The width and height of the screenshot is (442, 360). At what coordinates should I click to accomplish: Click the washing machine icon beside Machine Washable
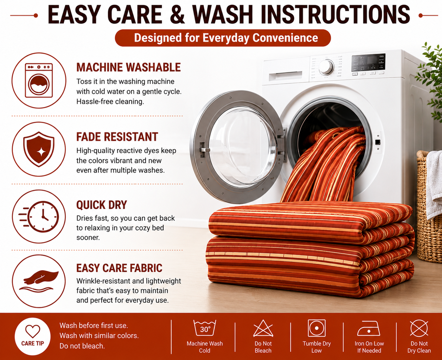click(39, 80)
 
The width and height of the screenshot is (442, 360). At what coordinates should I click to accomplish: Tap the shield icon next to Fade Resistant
click(39, 149)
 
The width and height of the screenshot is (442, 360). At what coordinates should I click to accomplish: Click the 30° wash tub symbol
click(205, 328)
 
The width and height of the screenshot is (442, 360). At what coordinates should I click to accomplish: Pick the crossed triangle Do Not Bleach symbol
click(263, 328)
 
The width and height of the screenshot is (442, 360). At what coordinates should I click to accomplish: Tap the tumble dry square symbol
click(317, 328)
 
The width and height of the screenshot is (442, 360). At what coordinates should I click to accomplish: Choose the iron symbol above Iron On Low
click(369, 329)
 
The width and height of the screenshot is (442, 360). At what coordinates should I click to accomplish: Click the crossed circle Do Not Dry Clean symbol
click(419, 328)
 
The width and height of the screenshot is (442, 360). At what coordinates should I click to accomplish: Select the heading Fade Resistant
click(117, 137)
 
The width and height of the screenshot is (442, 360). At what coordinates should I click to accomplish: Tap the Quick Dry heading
click(102, 205)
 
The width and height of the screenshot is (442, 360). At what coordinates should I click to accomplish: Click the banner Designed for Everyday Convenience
click(223, 38)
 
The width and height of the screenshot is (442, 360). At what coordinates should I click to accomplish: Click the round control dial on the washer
click(326, 67)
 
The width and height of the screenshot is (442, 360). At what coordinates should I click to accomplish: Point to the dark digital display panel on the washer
click(368, 62)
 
